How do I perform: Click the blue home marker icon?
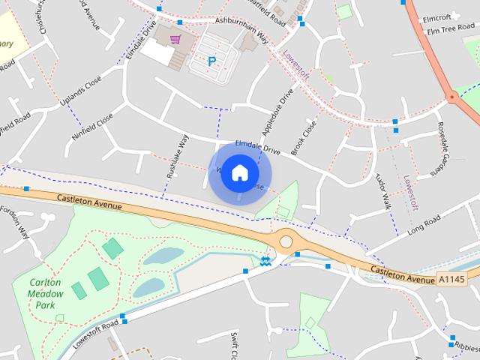(239, 172)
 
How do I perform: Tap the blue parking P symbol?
(211, 61)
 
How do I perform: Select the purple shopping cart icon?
(175, 39)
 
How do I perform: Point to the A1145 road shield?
(451, 280)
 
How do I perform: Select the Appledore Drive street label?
(276, 114)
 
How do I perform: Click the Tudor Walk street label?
(383, 193)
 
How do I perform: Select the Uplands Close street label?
(82, 93)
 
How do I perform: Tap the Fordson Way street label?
(16, 222)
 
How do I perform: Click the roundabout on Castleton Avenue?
(286, 241)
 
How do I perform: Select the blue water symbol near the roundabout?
(266, 261)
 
